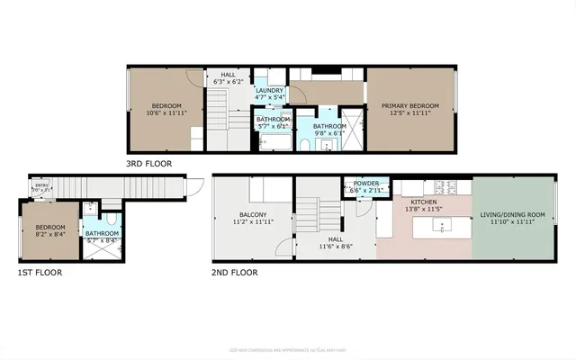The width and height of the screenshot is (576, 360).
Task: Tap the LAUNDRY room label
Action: [270, 91]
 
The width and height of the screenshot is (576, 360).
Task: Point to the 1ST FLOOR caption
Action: [40, 272]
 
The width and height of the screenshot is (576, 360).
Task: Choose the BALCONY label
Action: [252, 213]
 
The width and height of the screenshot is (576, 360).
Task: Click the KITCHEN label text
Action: [424, 202]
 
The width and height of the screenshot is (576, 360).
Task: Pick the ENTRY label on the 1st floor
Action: [40, 185]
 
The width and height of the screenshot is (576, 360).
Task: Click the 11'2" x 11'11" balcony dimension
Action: [252, 221]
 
